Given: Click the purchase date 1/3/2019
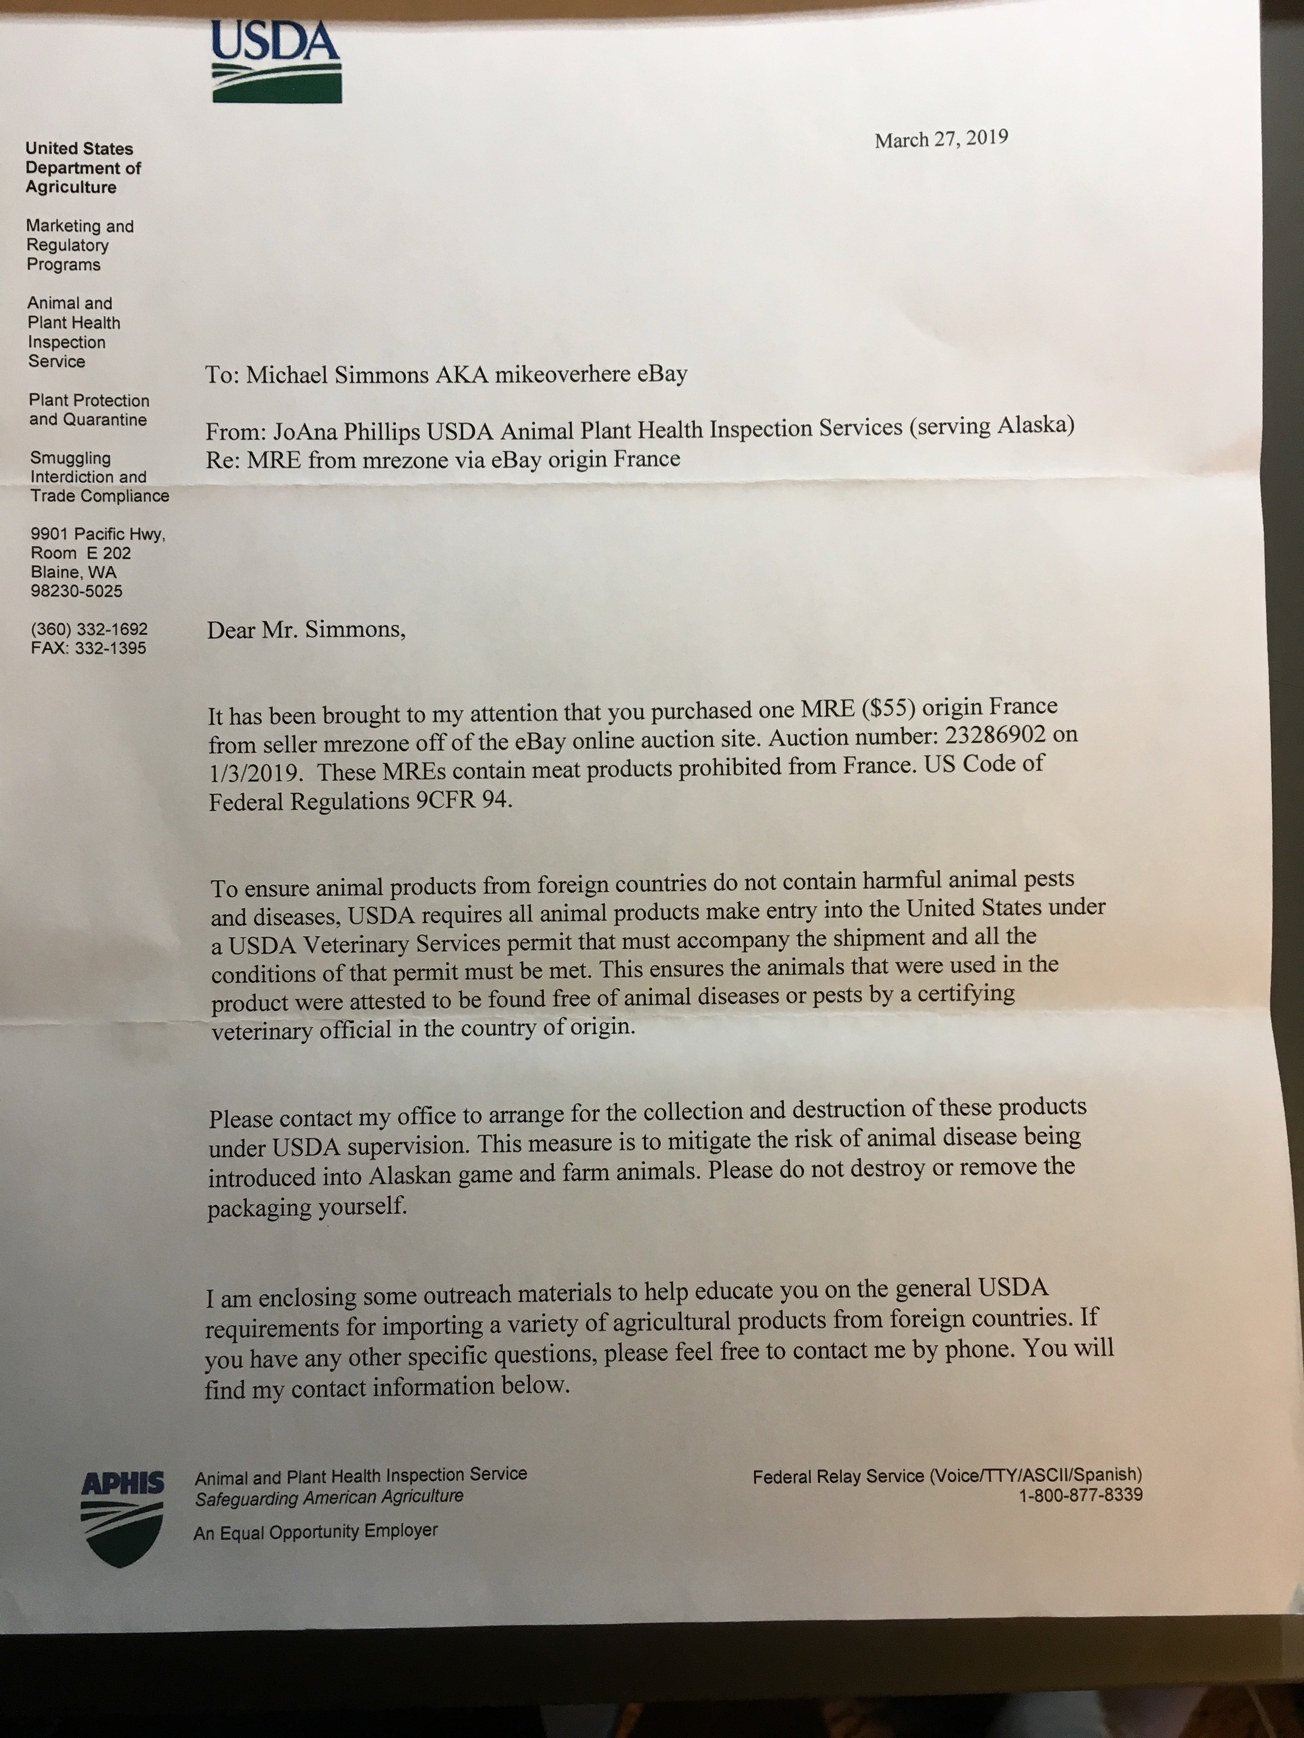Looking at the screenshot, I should pos(255,772).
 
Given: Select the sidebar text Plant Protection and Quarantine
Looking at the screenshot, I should pos(89,410).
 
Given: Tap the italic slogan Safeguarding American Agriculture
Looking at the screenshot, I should pos(329,1497).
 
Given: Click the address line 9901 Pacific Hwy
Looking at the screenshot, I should pos(97,534).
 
